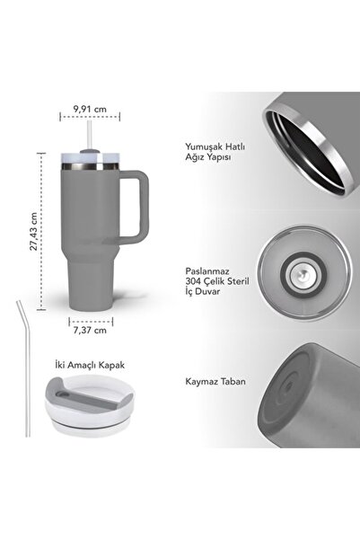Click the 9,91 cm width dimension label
coord(88,110)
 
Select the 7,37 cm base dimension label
coord(89,330)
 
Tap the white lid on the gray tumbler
coord(88,162)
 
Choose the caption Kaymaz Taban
coord(202,382)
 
